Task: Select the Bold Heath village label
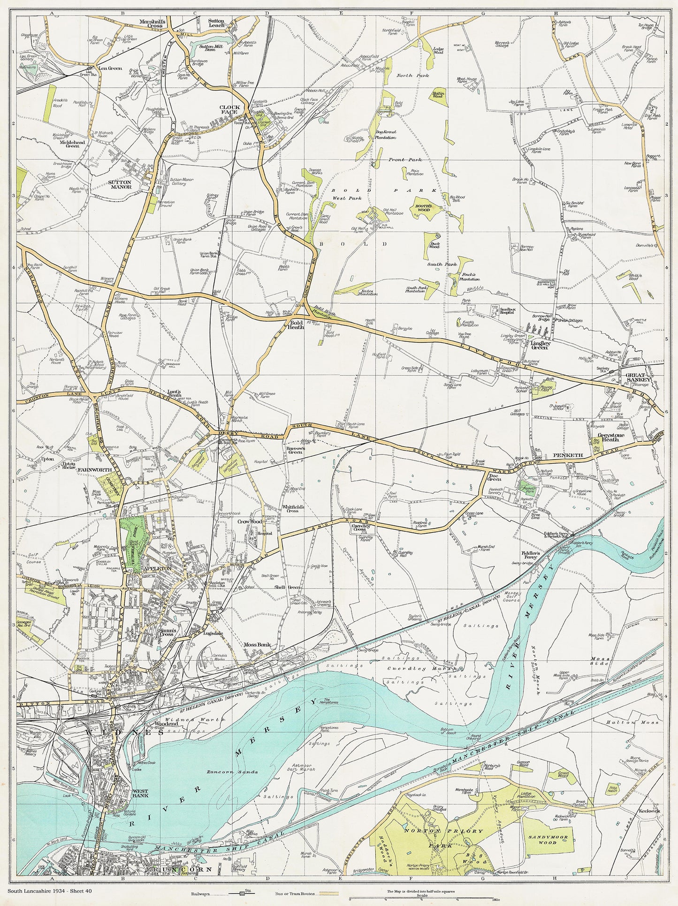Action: pos(297,325)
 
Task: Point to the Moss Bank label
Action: pos(257,645)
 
